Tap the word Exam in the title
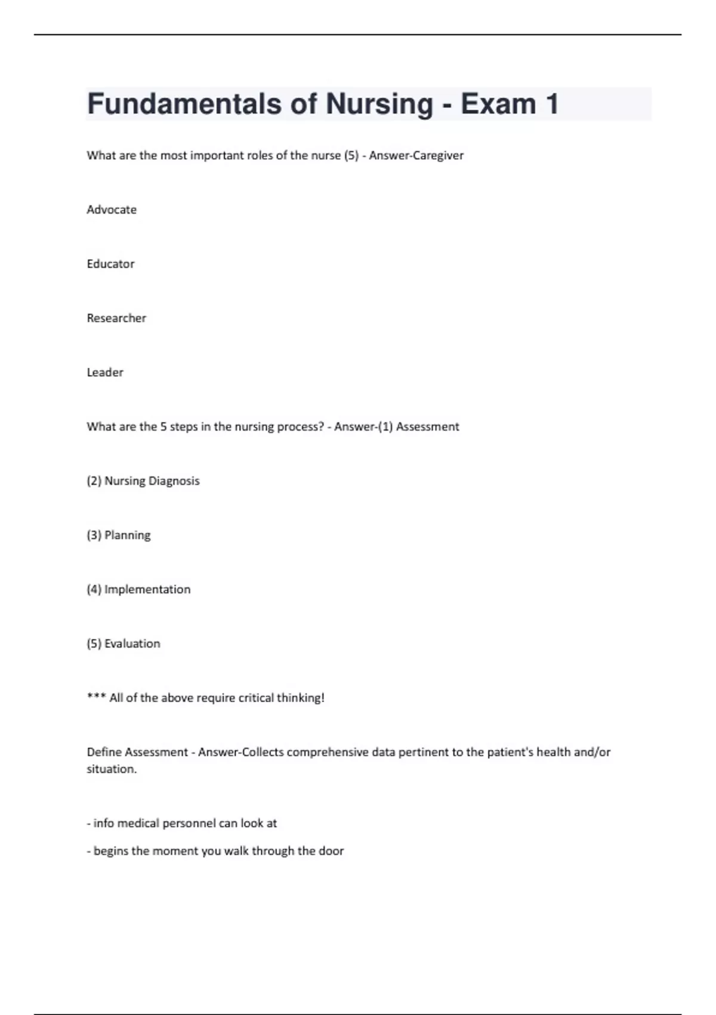(x=498, y=104)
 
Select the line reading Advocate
(x=112, y=210)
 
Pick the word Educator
(x=110, y=264)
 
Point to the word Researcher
(x=116, y=318)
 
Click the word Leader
(x=105, y=373)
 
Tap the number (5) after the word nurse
(x=351, y=156)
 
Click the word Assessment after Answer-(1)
(x=428, y=427)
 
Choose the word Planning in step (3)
(x=127, y=536)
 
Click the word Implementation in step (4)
(x=147, y=590)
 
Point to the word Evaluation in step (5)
(x=132, y=644)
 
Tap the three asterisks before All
(x=96, y=697)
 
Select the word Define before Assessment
(x=104, y=752)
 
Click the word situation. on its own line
(x=112, y=769)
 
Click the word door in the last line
(x=331, y=851)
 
